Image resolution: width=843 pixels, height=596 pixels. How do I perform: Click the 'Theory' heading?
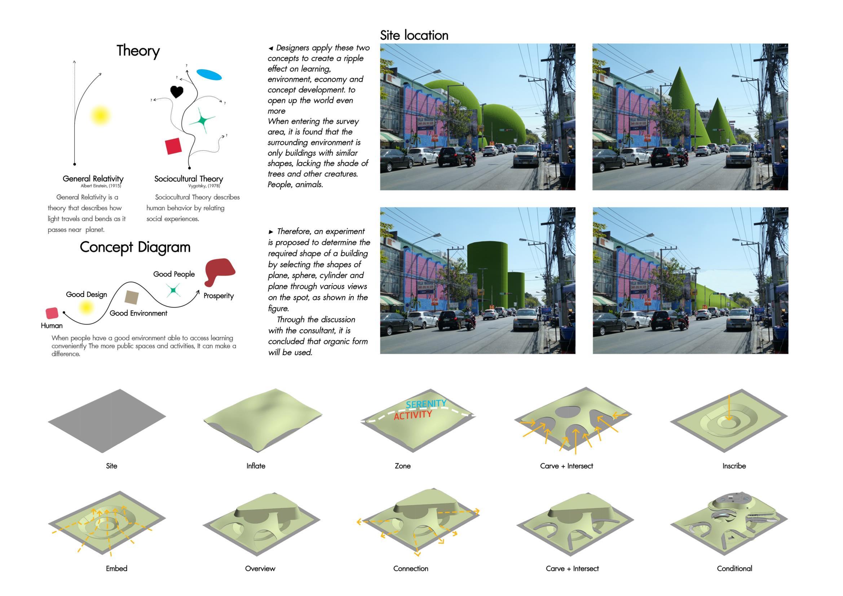tap(138, 51)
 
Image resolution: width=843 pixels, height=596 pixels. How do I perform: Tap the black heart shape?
tap(177, 92)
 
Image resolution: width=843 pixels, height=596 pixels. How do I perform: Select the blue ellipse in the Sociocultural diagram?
tap(209, 75)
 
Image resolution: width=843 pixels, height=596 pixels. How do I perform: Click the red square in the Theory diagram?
tap(173, 146)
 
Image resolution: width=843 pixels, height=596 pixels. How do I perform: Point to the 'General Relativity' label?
tap(93, 179)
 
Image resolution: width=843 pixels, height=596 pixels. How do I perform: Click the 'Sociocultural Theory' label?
tap(188, 179)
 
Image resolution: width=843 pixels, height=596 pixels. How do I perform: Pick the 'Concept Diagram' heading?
tap(135, 247)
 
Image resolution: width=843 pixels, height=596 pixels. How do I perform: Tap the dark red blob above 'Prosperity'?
tap(219, 271)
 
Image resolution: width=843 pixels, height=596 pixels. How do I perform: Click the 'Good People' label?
tap(174, 274)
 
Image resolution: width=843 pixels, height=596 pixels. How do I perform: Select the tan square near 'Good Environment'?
tap(132, 297)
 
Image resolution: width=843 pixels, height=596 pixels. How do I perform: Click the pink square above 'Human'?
tap(52, 313)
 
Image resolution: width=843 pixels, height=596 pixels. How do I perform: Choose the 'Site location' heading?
tap(414, 36)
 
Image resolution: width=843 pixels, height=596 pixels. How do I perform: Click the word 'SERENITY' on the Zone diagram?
tap(426, 404)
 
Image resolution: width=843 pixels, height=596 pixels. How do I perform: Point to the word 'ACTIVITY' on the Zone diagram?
tap(413, 415)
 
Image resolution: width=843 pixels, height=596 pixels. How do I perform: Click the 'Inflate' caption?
tap(256, 465)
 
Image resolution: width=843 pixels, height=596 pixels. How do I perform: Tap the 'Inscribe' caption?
tap(734, 465)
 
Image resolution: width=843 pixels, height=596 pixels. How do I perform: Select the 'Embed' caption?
tap(116, 568)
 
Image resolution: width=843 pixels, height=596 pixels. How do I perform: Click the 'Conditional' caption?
tap(734, 568)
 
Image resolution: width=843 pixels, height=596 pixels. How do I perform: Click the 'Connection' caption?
tap(410, 568)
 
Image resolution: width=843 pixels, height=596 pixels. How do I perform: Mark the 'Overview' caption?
tap(260, 568)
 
